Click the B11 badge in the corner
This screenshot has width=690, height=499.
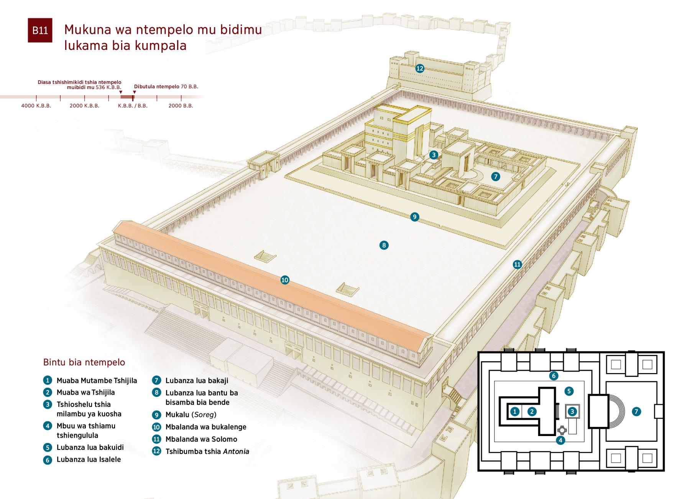pos(40,30)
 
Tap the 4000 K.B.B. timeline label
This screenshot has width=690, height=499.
pos(36,106)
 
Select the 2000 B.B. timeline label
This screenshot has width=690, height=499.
pos(181,106)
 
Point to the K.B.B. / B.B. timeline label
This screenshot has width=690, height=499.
pos(133,106)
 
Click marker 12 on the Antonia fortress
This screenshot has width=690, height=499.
pos(420,68)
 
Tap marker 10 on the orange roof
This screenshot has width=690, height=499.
pos(284,280)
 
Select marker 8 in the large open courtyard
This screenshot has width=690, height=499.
pos(384,245)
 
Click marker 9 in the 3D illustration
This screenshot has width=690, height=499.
pos(414,217)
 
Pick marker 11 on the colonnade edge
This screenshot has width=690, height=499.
pos(517,264)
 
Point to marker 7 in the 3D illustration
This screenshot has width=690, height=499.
pos(496,177)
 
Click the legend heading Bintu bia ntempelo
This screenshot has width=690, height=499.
pos(84,362)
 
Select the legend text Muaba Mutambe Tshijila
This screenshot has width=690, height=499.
pos(97,381)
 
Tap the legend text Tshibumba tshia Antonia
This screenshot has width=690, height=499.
pos(207,451)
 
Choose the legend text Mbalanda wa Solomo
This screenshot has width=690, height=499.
pos(201,439)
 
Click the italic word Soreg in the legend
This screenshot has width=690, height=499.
pos(204,415)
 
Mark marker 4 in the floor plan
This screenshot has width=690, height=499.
pos(560,440)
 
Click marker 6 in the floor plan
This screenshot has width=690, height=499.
pos(553,375)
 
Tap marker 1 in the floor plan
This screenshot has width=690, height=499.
pos(515,411)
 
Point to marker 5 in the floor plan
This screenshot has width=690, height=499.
pos(569,391)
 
